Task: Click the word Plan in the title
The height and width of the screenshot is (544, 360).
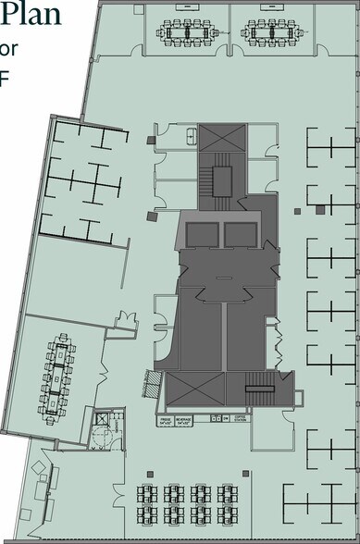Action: [32, 16]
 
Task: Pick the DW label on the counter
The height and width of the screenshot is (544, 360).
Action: [225, 418]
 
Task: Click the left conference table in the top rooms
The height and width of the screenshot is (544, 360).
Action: [188, 31]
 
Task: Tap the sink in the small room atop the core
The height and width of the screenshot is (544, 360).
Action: [190, 136]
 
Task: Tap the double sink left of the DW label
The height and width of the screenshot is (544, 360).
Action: [215, 419]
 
